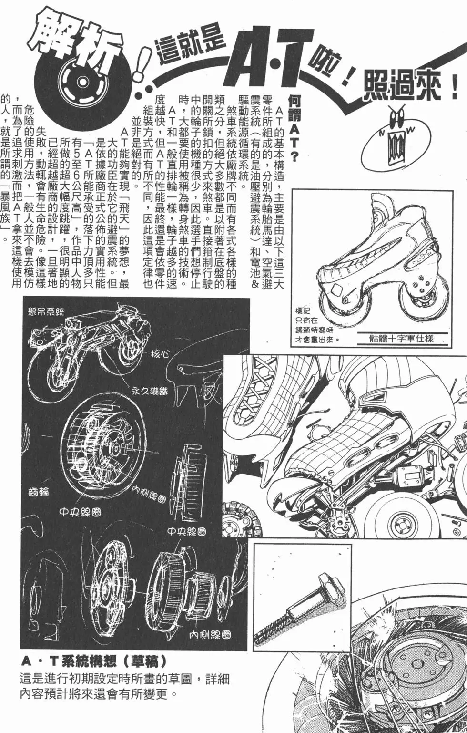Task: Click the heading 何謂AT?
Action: pos(294,127)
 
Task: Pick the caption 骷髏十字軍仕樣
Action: pos(401,339)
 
